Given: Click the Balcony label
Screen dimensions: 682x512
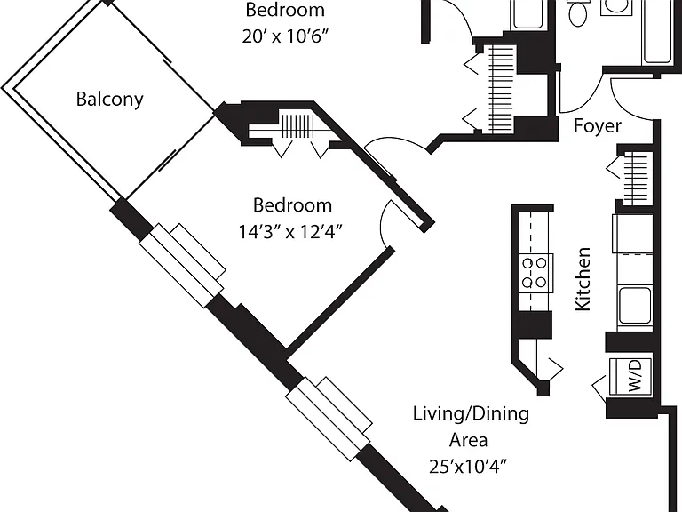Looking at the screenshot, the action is click(109, 100).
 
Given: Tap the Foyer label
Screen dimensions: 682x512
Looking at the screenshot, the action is click(597, 126).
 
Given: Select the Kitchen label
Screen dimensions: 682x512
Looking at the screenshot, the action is click(583, 279).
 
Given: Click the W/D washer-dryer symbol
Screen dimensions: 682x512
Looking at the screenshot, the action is click(630, 377).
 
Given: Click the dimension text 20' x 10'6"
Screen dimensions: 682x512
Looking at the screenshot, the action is click(284, 36).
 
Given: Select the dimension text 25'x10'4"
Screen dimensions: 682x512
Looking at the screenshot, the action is click(468, 467).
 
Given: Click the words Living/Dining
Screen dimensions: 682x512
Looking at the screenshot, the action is click(471, 413).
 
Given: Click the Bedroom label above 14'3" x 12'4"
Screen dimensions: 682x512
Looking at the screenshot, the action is click(292, 205).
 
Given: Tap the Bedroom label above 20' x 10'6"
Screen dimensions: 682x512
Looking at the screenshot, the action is click(285, 10).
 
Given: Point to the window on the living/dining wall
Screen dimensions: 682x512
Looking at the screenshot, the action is click(329, 418).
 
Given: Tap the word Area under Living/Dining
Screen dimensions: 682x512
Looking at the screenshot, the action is click(468, 440).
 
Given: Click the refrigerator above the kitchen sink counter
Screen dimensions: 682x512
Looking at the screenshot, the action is click(633, 234).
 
